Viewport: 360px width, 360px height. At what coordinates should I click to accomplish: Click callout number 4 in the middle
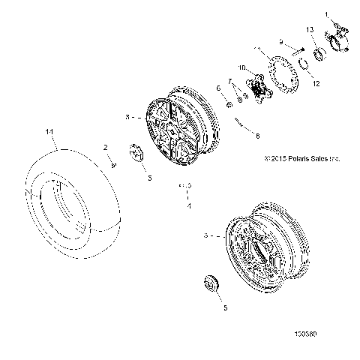tap(189, 205)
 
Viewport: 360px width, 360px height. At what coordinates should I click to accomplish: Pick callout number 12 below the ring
tap(315, 83)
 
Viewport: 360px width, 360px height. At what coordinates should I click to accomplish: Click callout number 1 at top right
tap(326, 14)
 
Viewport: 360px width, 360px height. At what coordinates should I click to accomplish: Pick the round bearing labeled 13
tap(317, 53)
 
